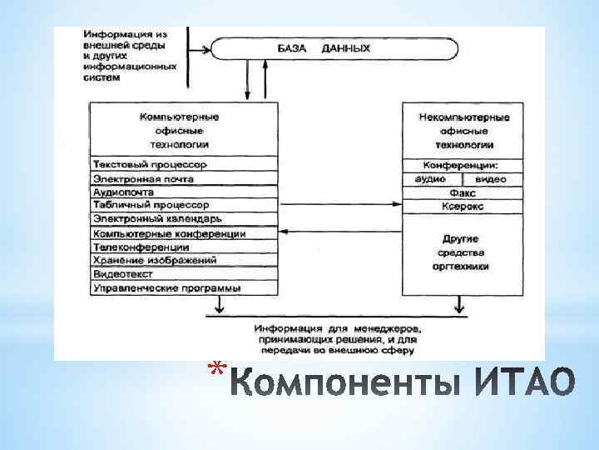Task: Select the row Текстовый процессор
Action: click(x=183, y=165)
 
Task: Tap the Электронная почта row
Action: click(x=183, y=178)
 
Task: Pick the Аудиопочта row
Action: click(x=183, y=192)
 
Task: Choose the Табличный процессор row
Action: click(x=183, y=205)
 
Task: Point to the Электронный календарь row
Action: click(x=183, y=219)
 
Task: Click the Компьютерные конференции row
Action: click(x=183, y=234)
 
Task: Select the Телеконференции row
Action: click(x=183, y=247)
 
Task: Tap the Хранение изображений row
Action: click(x=183, y=261)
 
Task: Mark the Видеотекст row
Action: click(x=183, y=274)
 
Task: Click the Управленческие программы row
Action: click(x=183, y=288)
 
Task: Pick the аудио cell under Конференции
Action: click(x=433, y=179)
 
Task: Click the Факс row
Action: click(x=463, y=192)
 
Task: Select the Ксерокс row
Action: click(x=463, y=206)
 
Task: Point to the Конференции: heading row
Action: click(x=463, y=165)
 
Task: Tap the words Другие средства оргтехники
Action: click(x=463, y=252)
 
